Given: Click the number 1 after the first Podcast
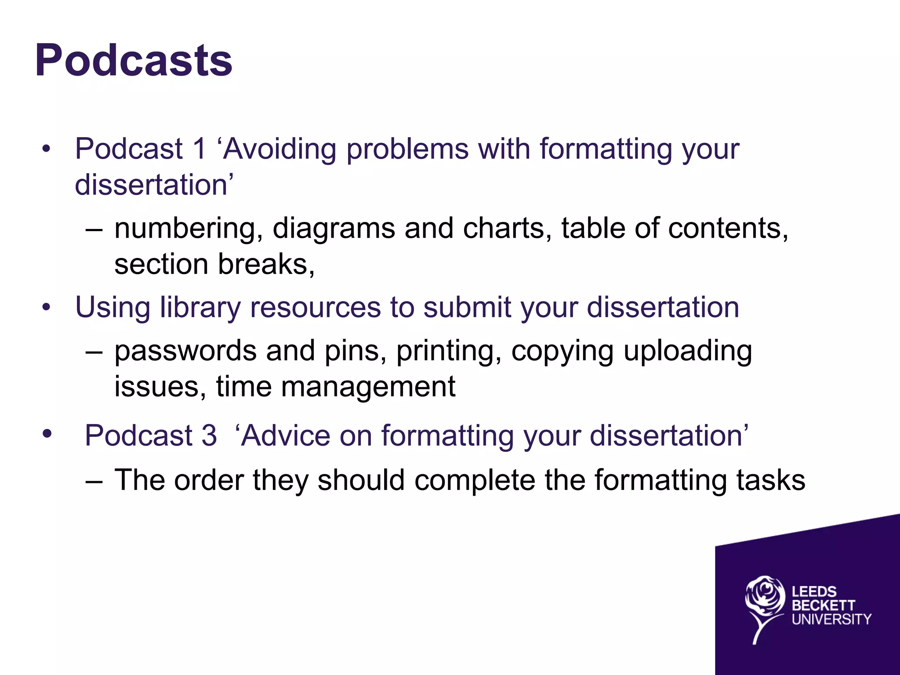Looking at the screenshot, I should pos(199,149).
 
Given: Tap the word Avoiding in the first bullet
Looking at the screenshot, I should pos(279,149).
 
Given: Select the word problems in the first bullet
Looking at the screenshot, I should pos(407,149).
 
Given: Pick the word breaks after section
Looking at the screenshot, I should pos(266,264).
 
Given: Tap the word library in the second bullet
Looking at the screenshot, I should pos(200,307).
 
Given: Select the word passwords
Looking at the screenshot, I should pos(185,351).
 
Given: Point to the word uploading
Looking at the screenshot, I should pos(688,352).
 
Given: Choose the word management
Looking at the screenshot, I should pos(368,387).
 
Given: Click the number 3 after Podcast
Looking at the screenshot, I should pos(209,435).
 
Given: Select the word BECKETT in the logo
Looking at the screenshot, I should pos(823,606).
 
